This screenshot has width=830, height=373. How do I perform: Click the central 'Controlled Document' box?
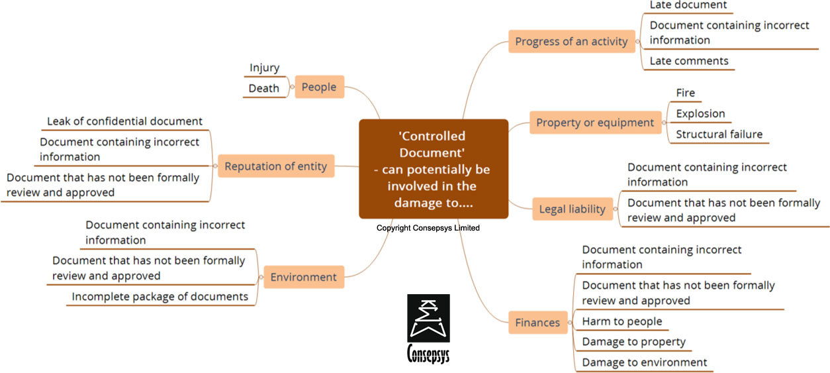pos(434,169)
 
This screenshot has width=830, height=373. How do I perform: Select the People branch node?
pos(319,87)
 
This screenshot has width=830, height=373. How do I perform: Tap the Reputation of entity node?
pos(276,166)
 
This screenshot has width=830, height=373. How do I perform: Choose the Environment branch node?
pos(303,277)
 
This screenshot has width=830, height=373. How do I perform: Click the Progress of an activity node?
pos(571,41)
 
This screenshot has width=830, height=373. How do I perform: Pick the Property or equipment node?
pos(595,123)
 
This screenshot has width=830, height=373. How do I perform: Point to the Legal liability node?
pos(572,209)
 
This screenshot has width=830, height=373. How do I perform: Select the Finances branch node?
pos(537,323)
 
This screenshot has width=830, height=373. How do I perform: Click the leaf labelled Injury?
pos(264,68)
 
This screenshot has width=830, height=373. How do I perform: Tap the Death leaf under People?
pos(264,88)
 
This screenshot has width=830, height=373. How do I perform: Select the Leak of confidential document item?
pos(124,121)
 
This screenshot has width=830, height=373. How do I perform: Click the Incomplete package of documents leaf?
pos(160,297)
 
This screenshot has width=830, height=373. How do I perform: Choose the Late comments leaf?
pos(688,61)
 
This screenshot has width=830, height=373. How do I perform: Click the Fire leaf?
pos(685,93)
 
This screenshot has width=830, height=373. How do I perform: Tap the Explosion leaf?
pos(700,113)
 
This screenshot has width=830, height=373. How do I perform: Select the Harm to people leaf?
pos(622,322)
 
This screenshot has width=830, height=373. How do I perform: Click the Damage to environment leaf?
pos(644,362)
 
